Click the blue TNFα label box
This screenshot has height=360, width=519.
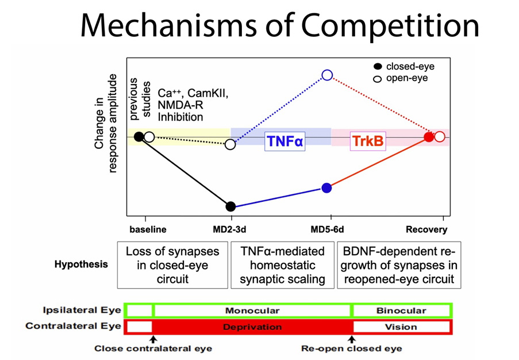point(284,141)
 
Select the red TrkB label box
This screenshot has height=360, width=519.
point(367,141)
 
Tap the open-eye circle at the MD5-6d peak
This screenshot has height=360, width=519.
point(327,75)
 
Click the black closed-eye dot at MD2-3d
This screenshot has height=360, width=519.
point(230,206)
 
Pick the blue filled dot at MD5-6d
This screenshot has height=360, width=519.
point(326,187)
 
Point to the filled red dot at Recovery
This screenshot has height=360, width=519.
point(429,137)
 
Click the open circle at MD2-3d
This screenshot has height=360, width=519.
point(230,144)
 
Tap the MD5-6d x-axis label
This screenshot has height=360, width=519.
point(328,229)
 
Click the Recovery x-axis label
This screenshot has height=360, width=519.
point(426,229)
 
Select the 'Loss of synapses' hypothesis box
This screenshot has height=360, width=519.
point(172,265)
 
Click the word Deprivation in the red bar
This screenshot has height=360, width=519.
point(252,327)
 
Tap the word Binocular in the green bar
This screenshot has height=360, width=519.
point(401,311)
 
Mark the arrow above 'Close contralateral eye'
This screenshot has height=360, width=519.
point(153,340)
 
